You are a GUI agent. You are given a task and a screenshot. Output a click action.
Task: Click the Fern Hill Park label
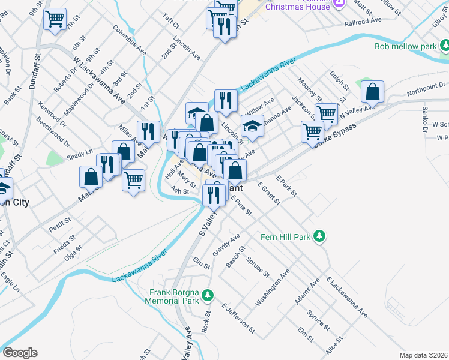point(286,237)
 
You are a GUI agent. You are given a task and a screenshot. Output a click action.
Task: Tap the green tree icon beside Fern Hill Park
point(321,236)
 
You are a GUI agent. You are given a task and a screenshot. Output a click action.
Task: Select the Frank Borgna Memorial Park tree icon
point(208,295)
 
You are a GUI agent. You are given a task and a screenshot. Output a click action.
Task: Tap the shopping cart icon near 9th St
point(55,19)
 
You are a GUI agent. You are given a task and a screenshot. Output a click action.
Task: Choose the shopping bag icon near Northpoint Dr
point(373,92)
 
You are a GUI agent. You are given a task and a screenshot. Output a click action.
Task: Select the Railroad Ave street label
point(363,22)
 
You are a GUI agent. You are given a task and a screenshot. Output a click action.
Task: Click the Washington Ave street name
point(273,288)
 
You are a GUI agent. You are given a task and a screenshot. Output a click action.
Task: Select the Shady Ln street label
point(80,155)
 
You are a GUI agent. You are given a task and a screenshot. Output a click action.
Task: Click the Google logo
point(20,353)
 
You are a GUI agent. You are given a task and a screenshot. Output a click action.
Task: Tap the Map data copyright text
point(423,355)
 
